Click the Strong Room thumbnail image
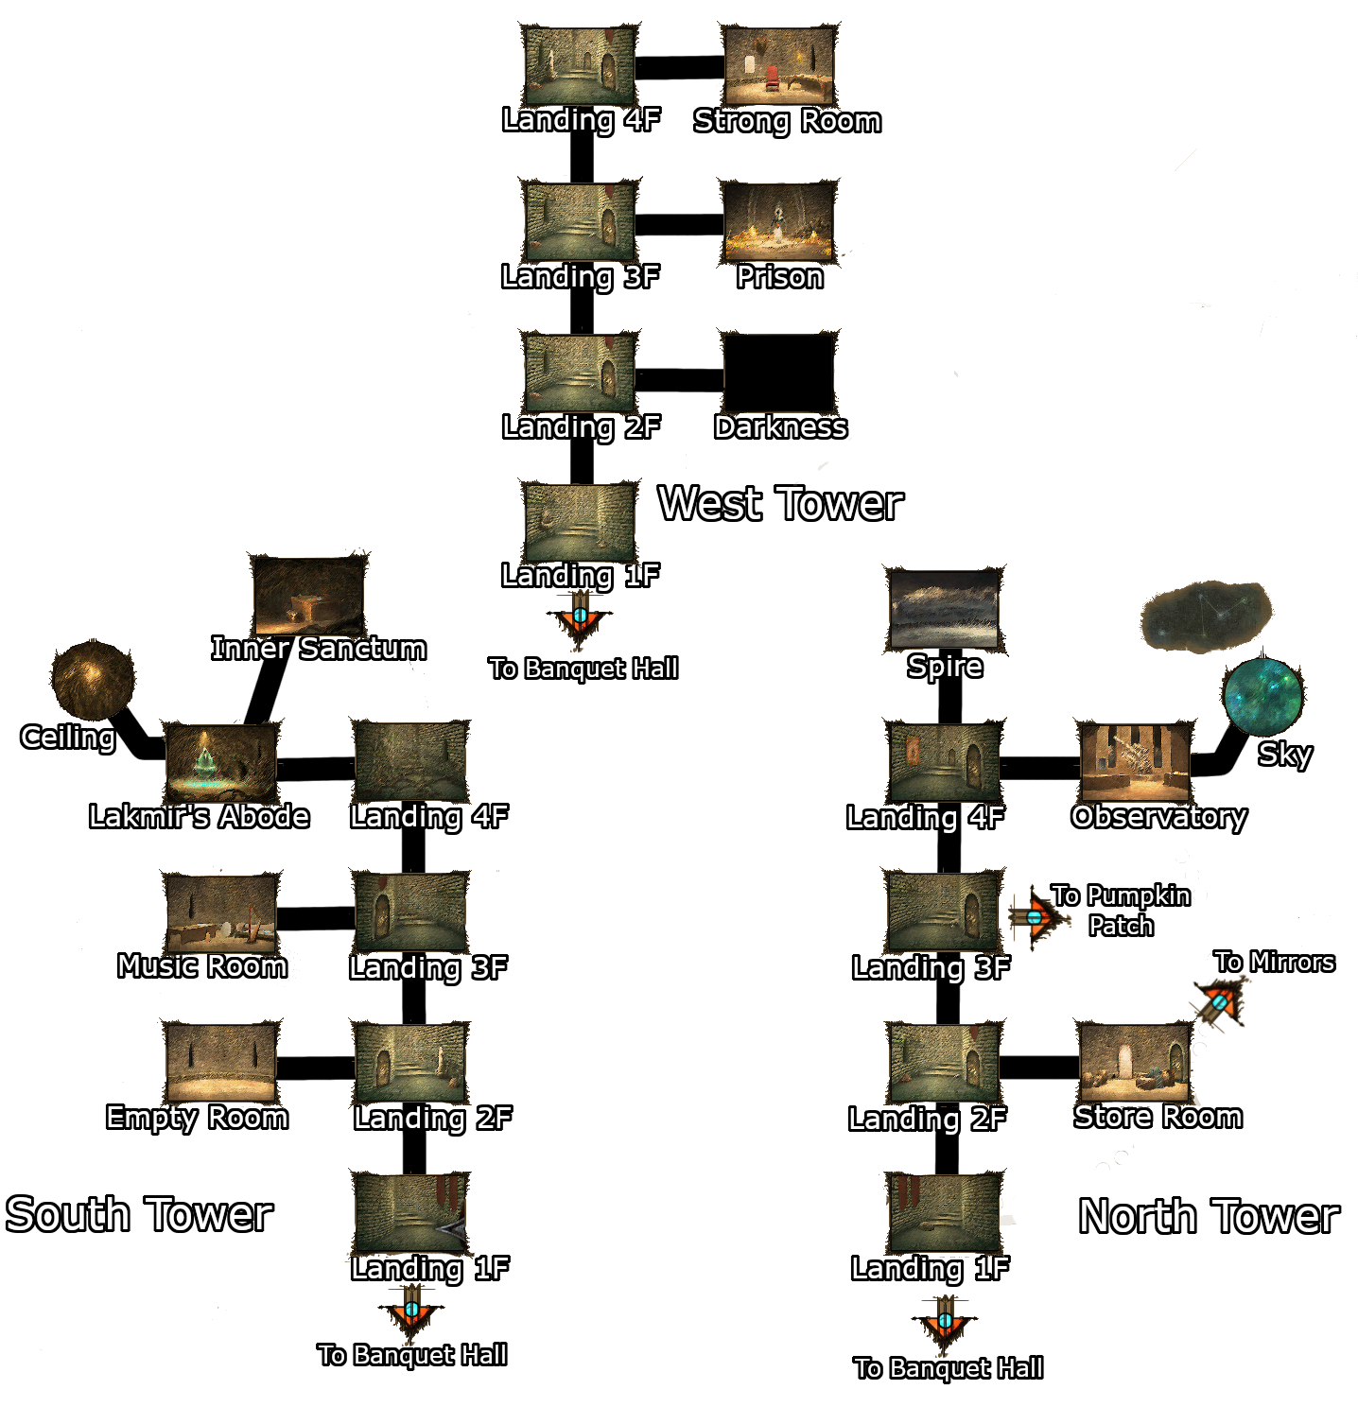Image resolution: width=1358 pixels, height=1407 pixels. (x=778, y=65)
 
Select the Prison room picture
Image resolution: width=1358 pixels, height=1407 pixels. (x=778, y=221)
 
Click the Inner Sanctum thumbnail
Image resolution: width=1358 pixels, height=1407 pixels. (x=309, y=596)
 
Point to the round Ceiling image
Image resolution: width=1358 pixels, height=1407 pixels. (x=92, y=679)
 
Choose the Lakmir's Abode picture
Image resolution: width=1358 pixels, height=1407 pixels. (x=221, y=763)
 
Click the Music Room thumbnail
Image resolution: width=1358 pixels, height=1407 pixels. (x=221, y=913)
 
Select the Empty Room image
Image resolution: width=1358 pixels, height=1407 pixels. (x=221, y=1063)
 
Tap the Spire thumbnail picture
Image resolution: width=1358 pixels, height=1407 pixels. (x=944, y=611)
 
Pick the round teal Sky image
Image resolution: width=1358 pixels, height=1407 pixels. (x=1262, y=697)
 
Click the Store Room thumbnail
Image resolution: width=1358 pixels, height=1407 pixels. (x=1134, y=1062)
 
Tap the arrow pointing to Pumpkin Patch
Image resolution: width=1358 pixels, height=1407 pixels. (x=1036, y=916)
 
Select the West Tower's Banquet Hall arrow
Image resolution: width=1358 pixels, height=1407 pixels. (x=580, y=618)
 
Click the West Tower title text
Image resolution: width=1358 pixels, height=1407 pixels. (x=780, y=504)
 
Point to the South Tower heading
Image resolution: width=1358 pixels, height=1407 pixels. (x=139, y=1215)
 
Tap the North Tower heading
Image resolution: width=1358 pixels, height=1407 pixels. (x=1209, y=1217)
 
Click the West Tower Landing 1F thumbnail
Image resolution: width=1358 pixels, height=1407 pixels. (x=580, y=523)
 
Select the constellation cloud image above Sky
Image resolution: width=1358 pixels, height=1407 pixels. (x=1205, y=617)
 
